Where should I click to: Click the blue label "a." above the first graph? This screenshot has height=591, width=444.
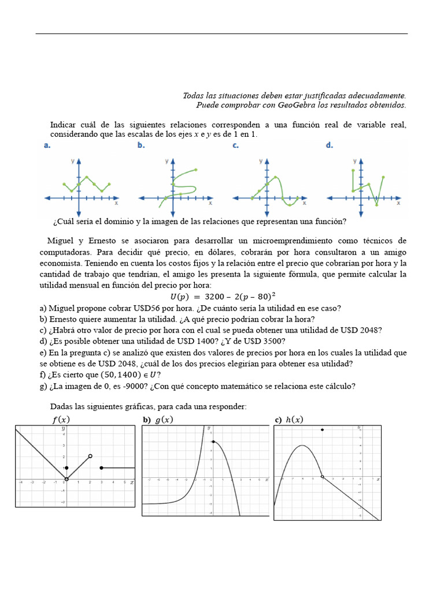47,145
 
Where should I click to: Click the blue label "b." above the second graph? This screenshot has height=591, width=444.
141,145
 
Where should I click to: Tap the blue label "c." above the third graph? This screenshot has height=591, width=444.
235,145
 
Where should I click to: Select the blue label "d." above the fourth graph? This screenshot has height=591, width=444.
329,145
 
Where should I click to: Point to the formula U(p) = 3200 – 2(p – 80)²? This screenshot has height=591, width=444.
223,297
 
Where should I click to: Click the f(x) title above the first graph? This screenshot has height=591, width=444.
61,419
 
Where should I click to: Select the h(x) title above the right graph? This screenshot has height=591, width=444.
294,419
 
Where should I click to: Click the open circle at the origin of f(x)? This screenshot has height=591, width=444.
66,479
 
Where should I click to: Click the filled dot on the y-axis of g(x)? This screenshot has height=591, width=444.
213,442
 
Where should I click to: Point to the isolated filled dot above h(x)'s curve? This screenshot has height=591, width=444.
322,430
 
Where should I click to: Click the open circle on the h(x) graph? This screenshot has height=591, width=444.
322,477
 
